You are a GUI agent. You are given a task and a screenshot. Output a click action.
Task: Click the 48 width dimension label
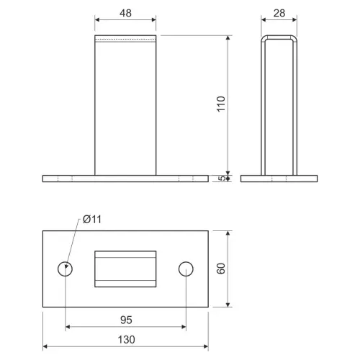125,13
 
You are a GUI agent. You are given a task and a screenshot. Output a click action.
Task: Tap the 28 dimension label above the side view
279,13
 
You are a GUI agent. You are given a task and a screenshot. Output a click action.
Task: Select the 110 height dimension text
221,104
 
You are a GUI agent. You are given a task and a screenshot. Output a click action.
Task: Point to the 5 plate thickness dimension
222,179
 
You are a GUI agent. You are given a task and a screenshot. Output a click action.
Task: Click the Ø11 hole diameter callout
92,220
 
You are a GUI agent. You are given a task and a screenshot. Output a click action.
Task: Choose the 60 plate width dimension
221,269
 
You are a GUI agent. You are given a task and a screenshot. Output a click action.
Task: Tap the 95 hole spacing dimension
126,320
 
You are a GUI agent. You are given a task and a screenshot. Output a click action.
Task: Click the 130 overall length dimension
126,340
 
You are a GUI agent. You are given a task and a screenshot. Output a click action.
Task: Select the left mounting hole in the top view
65,269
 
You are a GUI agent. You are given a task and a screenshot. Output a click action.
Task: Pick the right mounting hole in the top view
186,269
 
